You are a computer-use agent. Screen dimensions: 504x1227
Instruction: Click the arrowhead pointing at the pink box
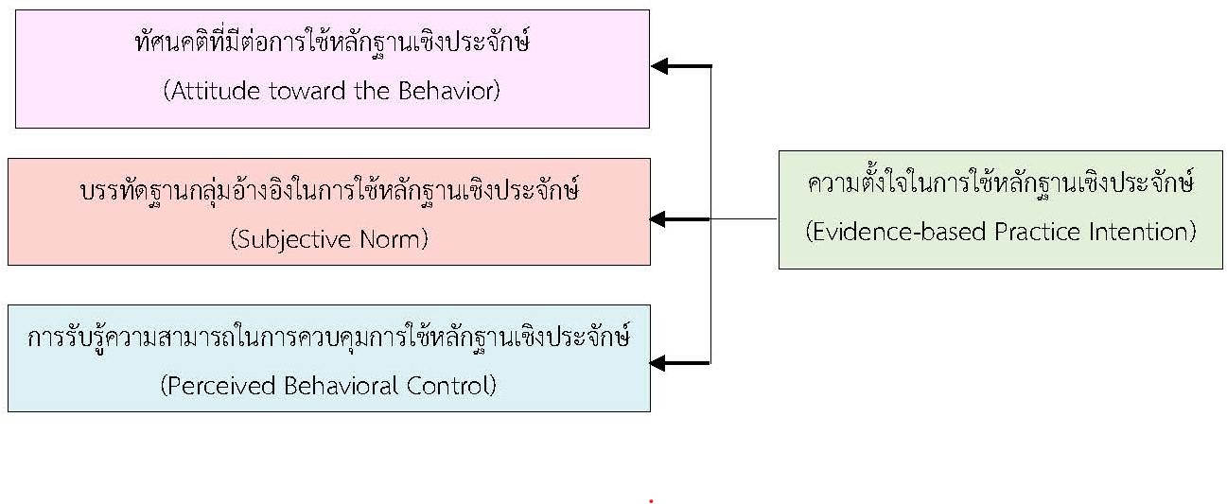click(660, 66)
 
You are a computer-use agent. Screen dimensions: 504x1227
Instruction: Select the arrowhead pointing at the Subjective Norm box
click(660, 219)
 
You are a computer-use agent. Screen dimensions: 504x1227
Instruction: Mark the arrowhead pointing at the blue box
click(660, 363)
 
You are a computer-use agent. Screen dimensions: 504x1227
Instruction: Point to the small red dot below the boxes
click(651, 500)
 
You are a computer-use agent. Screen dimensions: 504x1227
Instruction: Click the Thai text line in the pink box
click(331, 44)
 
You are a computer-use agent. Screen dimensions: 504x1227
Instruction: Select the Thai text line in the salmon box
click(329, 192)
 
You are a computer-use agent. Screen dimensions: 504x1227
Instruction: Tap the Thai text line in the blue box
click(328, 338)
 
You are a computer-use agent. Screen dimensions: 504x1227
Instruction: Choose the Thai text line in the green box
click(1000, 183)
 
